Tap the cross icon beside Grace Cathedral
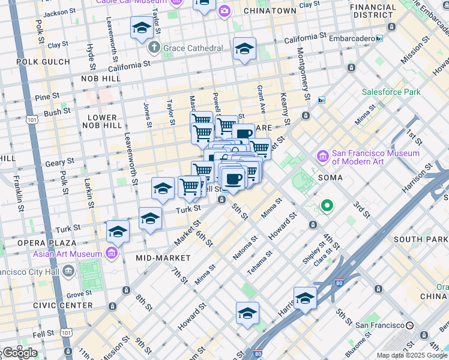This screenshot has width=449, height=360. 154,47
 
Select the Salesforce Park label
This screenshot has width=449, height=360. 391,92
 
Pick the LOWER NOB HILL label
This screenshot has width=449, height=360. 105,121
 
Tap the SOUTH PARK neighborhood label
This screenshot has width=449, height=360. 420,239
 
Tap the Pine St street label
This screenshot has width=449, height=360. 47,95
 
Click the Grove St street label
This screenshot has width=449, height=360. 79,295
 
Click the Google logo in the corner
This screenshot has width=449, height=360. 19,353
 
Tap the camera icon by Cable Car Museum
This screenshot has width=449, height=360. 224,10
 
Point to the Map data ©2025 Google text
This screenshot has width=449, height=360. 412,355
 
